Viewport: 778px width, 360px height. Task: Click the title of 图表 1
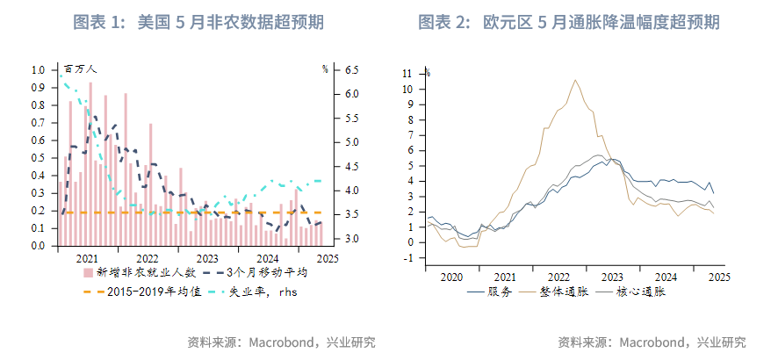194,22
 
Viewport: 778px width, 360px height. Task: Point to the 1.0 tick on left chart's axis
38,69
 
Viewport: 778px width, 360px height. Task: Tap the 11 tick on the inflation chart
407,74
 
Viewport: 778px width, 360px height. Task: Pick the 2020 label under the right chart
450,277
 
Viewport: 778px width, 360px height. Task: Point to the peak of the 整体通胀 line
575,81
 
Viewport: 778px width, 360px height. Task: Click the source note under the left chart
281,342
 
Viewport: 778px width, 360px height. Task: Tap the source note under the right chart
652,342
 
